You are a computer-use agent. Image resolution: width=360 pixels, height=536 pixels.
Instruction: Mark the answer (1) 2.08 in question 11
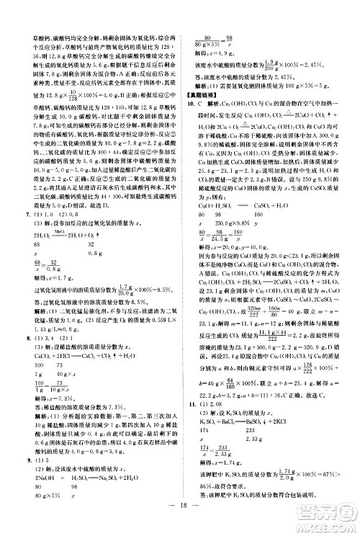click(212, 424)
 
